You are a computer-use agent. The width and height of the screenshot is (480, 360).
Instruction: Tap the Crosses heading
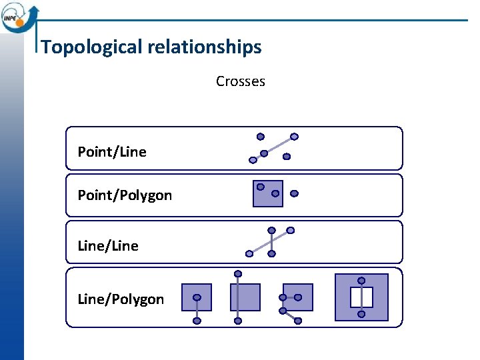click(x=240, y=81)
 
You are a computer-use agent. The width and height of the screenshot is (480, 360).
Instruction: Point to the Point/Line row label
click(x=112, y=152)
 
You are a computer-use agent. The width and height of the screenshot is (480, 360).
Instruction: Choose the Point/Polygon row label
click(x=125, y=195)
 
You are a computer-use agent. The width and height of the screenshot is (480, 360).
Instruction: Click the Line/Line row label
click(x=108, y=246)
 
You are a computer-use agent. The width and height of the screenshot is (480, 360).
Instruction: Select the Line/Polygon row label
click(x=121, y=299)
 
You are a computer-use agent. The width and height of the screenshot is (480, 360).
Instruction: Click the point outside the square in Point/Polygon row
click(x=295, y=194)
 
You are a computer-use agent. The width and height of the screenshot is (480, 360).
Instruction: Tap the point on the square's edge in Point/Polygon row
click(x=275, y=194)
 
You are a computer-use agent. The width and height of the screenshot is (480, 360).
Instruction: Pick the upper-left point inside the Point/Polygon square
click(x=261, y=187)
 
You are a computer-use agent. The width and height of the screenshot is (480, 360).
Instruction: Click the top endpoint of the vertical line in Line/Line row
click(x=271, y=231)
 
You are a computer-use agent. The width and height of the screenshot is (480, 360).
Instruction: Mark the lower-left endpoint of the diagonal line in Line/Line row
click(x=249, y=253)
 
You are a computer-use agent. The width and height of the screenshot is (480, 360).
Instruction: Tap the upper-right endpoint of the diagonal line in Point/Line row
click(x=294, y=137)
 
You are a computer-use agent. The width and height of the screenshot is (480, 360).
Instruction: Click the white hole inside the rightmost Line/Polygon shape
click(x=361, y=297)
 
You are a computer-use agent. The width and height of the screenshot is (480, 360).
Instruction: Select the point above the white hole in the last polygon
click(x=361, y=281)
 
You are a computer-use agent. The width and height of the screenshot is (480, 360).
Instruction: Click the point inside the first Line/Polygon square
click(x=197, y=297)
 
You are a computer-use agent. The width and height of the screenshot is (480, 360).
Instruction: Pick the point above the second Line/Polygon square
click(x=238, y=273)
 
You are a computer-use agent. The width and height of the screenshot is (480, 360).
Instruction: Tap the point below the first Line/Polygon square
click(x=197, y=321)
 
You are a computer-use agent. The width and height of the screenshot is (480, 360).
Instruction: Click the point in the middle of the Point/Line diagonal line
click(x=264, y=153)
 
